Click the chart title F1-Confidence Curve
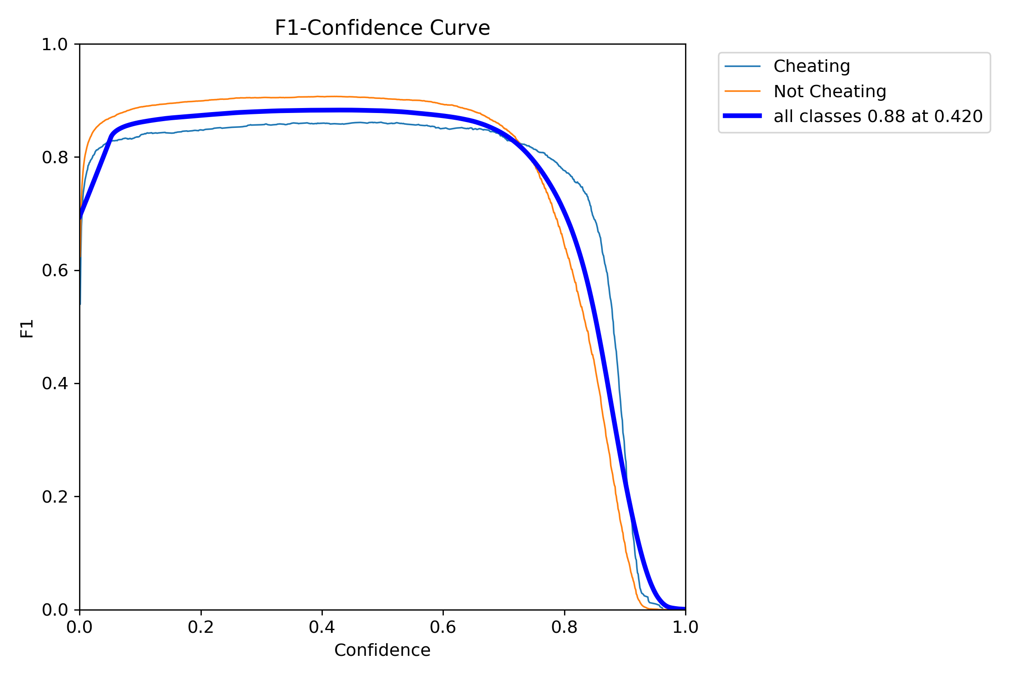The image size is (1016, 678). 382,28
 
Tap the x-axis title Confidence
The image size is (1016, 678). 382,650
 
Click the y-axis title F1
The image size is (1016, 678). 27,329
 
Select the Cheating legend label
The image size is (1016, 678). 811,66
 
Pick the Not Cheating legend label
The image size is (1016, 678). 830,91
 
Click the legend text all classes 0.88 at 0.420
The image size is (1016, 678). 878,117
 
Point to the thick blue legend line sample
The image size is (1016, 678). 742,116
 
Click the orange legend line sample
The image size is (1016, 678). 742,91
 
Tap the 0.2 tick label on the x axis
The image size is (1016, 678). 201,627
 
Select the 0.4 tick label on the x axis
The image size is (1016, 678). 322,627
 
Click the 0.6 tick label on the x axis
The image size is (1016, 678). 443,627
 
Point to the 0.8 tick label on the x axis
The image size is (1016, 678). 564,627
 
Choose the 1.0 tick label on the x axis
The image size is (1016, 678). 685,627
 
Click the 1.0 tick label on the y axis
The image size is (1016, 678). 55,45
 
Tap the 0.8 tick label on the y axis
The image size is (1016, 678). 55,158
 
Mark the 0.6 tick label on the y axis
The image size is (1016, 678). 55,271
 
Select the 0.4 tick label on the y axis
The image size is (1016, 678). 55,384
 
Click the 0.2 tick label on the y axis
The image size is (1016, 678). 55,497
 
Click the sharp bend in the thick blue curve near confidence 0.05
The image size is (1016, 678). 112,134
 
